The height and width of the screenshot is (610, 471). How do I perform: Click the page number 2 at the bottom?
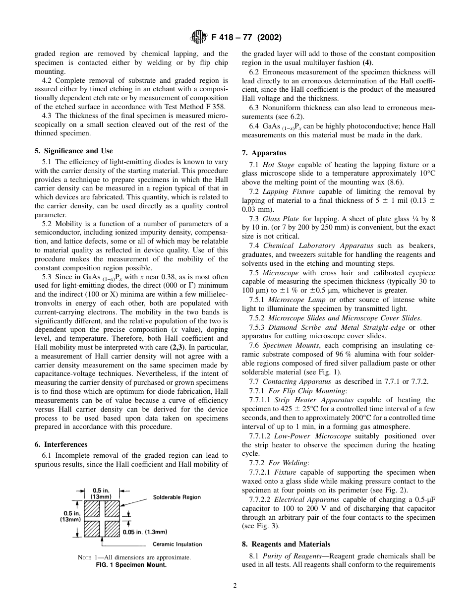(235, 585)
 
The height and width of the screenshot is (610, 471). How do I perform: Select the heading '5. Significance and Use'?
(73, 151)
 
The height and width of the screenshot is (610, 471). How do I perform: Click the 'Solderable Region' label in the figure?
(177, 497)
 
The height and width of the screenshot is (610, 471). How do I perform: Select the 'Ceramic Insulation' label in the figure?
(177, 544)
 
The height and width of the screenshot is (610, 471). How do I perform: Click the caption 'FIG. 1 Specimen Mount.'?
(131, 564)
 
